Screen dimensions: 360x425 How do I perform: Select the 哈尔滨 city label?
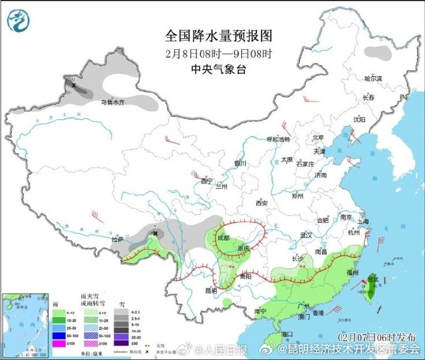[373, 79]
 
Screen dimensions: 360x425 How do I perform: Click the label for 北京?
[318, 137]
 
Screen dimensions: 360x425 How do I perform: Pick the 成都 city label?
[223, 238]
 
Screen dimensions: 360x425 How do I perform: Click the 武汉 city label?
[307, 235]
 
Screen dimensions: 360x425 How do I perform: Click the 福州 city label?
[353, 271]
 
